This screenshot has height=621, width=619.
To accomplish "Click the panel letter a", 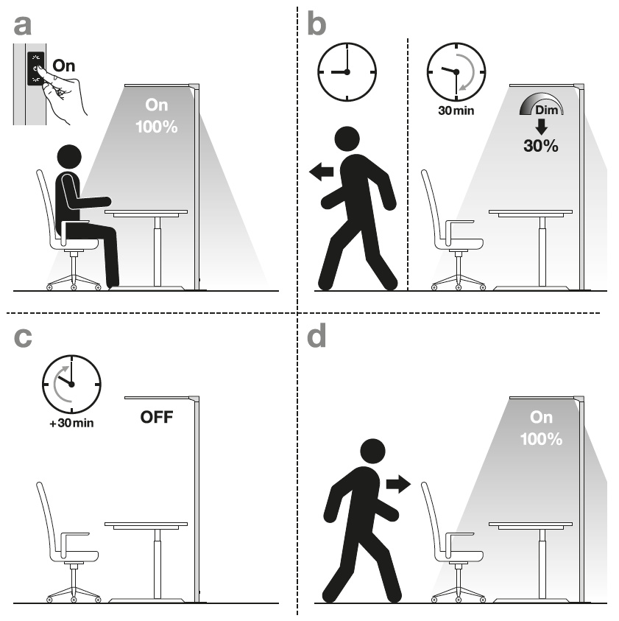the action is click(x=22, y=26).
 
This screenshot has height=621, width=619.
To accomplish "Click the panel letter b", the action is click(x=316, y=24).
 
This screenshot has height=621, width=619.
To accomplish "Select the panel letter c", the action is click(x=23, y=338).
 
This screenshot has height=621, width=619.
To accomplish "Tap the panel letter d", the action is click(x=316, y=335).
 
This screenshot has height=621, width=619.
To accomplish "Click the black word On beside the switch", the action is click(x=64, y=66).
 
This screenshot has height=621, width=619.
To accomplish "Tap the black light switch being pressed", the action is click(x=35, y=69).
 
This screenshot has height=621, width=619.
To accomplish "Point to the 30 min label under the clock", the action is click(x=456, y=110).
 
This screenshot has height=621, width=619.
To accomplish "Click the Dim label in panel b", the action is click(x=547, y=110).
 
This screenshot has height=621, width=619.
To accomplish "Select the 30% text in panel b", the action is click(x=541, y=146).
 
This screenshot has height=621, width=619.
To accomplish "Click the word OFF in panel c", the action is click(x=157, y=417).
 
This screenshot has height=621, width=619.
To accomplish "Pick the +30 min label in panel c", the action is click(x=71, y=423).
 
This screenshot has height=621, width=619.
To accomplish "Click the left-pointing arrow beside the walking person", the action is click(x=321, y=172).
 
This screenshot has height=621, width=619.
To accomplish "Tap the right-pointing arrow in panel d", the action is click(x=398, y=484).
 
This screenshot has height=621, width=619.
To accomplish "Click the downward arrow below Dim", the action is click(x=541, y=127).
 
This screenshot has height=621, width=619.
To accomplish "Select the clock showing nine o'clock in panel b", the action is click(x=347, y=72).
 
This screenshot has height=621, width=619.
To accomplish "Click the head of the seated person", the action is click(x=69, y=157).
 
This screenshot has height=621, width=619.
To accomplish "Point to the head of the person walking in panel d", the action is click(x=372, y=451).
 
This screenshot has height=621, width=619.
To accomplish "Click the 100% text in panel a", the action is click(x=156, y=127).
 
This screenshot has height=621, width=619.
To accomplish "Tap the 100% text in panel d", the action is click(x=541, y=439).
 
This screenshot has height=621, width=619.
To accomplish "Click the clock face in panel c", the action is click(x=71, y=384).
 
